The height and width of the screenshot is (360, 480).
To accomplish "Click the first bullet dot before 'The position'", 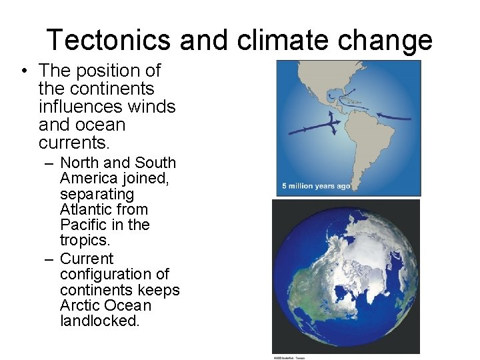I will [x=23, y=71].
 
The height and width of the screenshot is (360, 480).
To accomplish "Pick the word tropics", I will [x=83, y=241].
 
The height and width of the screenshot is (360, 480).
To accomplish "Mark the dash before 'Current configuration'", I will [x=51, y=259].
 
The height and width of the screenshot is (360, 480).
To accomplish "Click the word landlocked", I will [x=99, y=321].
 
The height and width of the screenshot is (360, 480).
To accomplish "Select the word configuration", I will [x=115, y=275].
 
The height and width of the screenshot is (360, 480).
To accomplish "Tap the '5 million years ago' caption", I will [x=316, y=186].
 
